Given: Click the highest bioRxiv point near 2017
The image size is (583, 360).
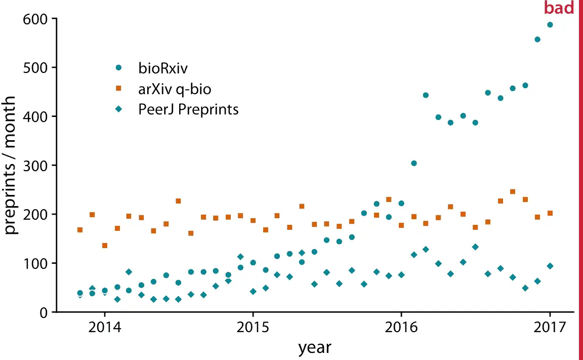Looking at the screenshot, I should (x=550, y=25).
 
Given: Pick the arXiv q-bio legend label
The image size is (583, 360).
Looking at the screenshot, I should (x=175, y=89).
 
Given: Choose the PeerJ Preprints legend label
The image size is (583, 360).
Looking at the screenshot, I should (x=188, y=109).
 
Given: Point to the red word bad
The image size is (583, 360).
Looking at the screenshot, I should (x=559, y=8).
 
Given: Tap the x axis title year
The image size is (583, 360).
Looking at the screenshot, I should (x=314, y=348).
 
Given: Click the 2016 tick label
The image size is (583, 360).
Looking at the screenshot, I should (x=401, y=327).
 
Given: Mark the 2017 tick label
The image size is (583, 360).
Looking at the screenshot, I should (x=550, y=327).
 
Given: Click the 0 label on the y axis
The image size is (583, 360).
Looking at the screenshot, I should (x=45, y=312).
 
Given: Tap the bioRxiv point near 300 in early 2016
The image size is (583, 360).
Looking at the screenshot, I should (x=413, y=164).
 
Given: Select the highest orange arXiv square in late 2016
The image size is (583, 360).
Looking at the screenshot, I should (x=512, y=192).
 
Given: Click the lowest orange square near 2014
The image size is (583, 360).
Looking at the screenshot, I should (x=104, y=246).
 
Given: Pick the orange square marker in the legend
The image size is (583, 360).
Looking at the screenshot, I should (x=118, y=89).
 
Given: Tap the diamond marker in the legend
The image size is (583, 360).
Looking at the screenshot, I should (x=118, y=109).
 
